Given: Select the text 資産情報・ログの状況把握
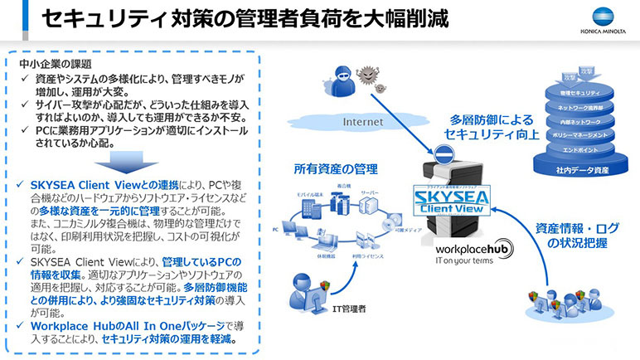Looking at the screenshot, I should point(572,236).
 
